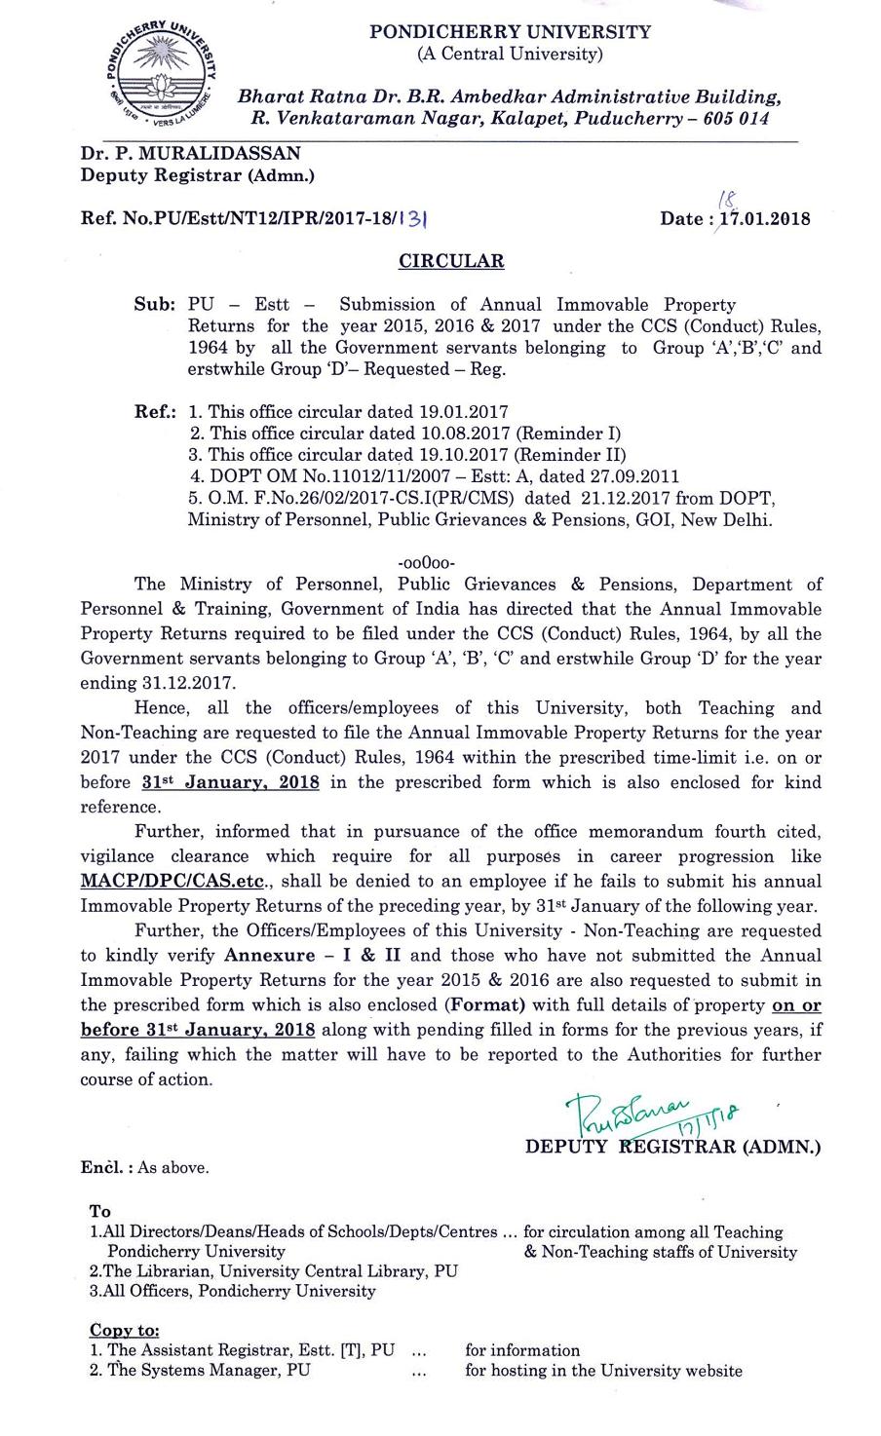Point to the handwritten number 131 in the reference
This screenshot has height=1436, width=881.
415,220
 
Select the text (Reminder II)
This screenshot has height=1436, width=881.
569,455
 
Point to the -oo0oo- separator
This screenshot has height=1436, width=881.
427,562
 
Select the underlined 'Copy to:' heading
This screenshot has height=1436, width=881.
124,1330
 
